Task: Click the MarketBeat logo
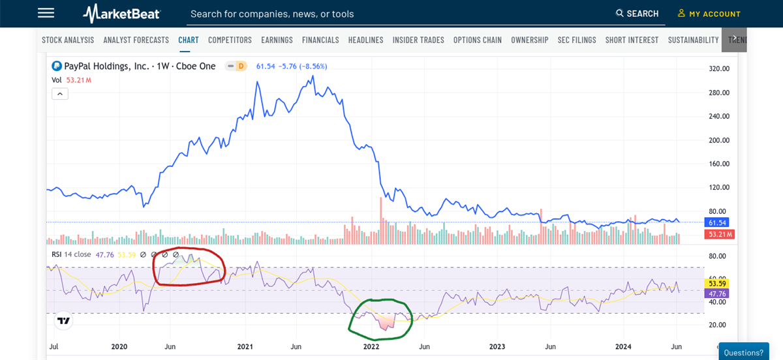121,14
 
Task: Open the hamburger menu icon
46,13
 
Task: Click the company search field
391,14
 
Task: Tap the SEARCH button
637,14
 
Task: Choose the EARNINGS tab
277,40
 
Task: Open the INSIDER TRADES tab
418,40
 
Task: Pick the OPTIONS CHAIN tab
478,40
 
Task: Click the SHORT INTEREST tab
632,40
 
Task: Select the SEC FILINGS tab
577,40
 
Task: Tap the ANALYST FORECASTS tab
136,40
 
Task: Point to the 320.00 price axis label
718,68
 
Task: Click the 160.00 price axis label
718,164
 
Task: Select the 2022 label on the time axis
370,346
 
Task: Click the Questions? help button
744,352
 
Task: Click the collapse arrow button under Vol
59,94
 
